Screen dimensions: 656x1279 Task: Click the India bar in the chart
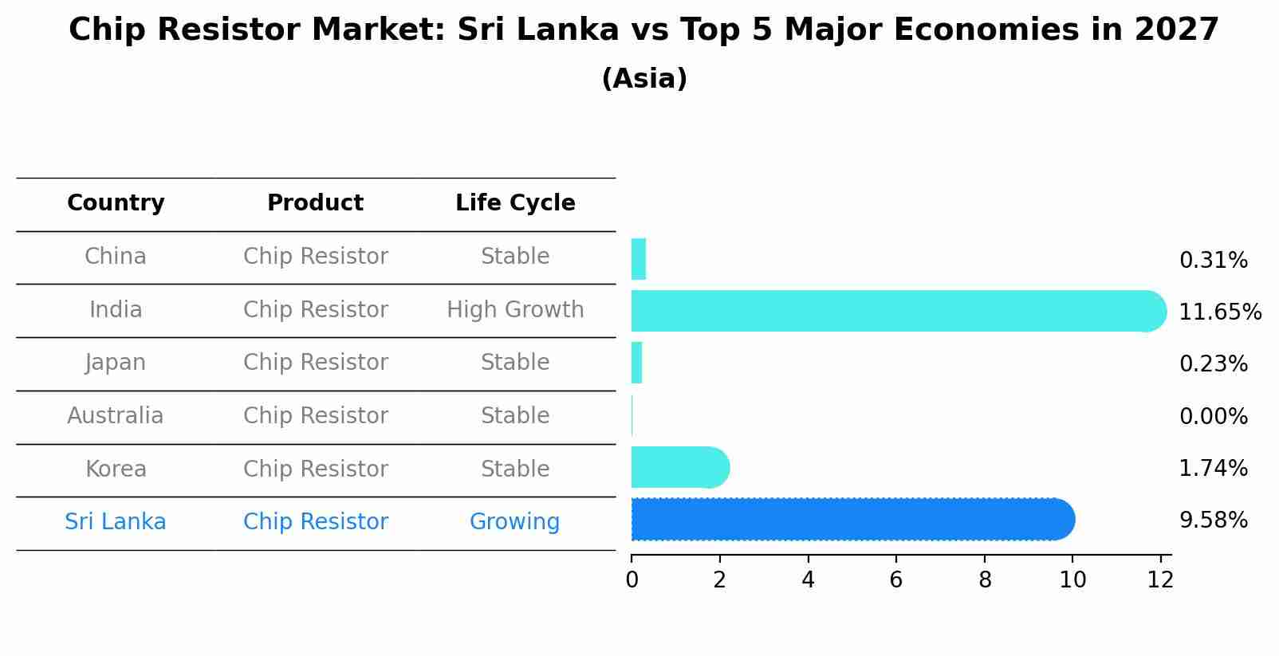893,311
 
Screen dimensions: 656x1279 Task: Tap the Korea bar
678,468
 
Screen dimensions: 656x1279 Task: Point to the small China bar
639,259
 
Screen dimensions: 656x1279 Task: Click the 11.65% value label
1219,312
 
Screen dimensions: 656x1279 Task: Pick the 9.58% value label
1213,521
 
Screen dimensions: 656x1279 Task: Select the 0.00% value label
1213,417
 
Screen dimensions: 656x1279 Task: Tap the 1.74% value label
1213,469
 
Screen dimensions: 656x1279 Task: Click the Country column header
116,203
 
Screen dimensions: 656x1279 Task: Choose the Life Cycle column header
515,203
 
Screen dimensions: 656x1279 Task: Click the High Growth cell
515,310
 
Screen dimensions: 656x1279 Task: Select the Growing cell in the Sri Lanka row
514,522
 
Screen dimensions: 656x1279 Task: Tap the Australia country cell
116,416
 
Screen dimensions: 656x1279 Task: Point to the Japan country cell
116,363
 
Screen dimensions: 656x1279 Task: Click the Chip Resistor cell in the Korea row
316,469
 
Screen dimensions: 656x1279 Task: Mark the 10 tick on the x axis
1072,580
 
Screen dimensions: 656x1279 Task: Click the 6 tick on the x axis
896,580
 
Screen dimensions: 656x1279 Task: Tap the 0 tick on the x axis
632,580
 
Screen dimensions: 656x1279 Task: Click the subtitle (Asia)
644,79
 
